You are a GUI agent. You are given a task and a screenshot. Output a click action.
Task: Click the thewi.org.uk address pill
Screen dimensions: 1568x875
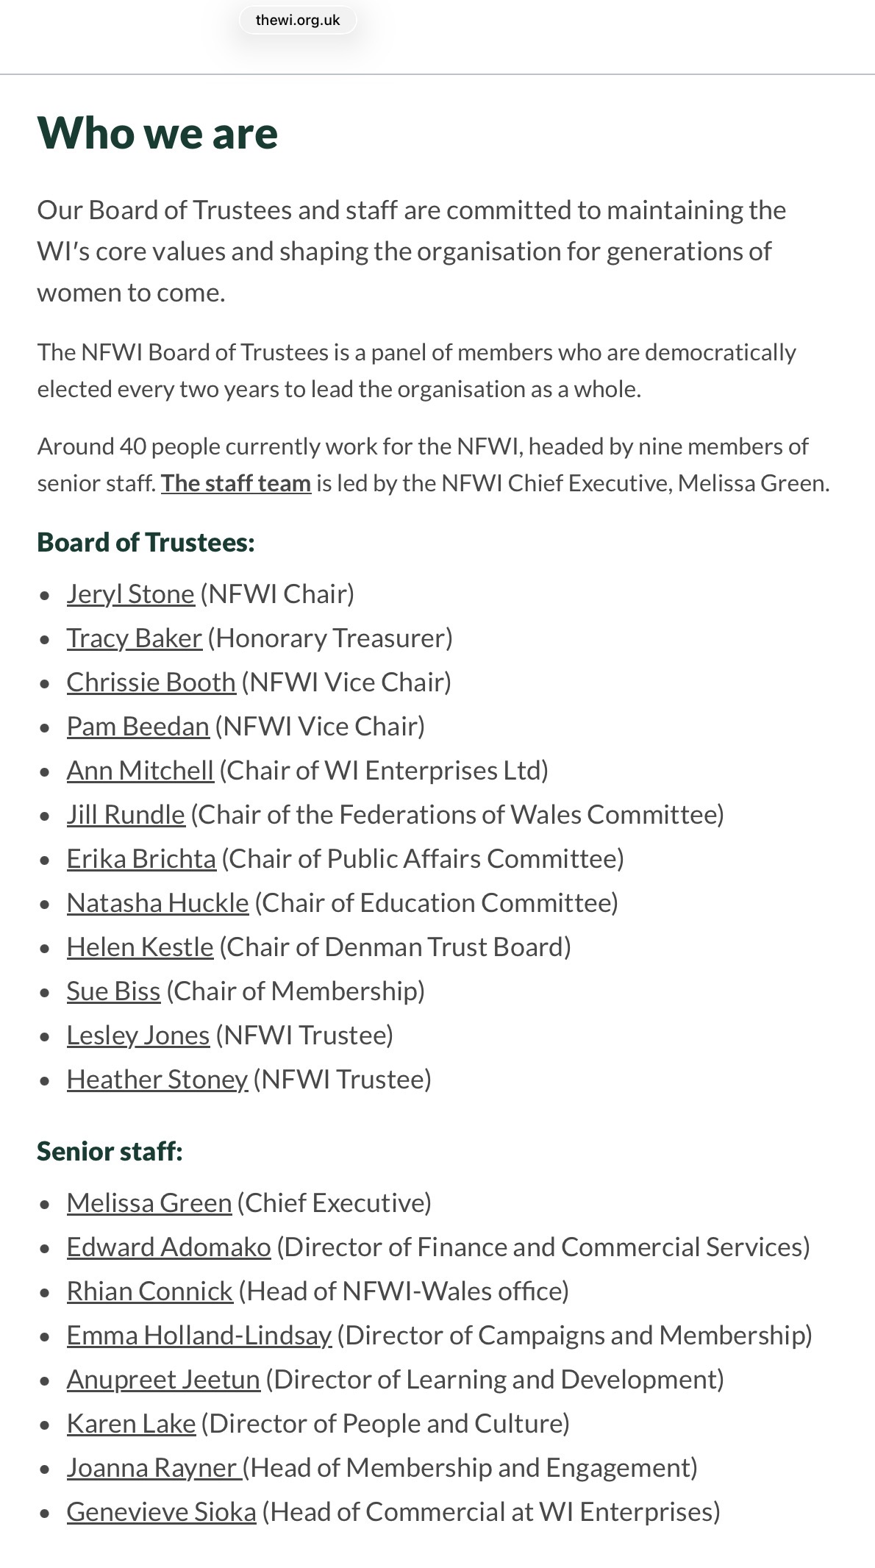click(x=297, y=21)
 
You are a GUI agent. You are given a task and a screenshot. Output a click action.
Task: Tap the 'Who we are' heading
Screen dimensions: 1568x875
click(x=157, y=133)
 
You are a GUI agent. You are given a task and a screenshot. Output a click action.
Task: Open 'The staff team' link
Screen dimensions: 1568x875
click(x=236, y=483)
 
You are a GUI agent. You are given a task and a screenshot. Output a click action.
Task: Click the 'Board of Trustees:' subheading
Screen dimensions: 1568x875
click(x=146, y=542)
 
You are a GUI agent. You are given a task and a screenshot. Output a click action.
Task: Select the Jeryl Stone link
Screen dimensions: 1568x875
click(x=130, y=594)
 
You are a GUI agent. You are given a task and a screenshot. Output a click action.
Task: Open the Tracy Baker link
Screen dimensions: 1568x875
click(x=134, y=638)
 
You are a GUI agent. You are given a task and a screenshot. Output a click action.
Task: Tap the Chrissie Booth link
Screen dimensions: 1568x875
click(x=151, y=682)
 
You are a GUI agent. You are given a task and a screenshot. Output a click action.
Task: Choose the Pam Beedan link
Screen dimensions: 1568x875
click(x=137, y=726)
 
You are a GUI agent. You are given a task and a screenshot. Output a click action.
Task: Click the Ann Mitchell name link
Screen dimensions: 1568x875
click(x=140, y=770)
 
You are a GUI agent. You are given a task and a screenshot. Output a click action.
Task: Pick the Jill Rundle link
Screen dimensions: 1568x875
click(x=126, y=814)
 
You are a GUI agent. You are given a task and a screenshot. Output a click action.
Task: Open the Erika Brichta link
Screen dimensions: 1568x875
click(x=141, y=858)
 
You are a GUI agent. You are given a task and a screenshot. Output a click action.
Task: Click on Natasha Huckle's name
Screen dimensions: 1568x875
click(x=157, y=902)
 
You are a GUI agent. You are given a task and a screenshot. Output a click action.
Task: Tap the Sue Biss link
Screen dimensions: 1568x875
click(x=113, y=991)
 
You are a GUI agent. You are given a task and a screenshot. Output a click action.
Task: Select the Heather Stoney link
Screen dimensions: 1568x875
click(x=157, y=1079)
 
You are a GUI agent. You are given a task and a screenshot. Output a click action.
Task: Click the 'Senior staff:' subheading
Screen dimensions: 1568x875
click(x=110, y=1151)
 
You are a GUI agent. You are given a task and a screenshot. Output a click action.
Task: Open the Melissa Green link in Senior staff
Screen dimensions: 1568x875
click(x=149, y=1202)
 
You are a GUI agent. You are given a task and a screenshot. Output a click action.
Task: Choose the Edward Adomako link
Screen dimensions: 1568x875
click(x=168, y=1247)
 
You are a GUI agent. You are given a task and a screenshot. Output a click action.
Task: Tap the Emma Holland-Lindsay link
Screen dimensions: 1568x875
click(x=199, y=1335)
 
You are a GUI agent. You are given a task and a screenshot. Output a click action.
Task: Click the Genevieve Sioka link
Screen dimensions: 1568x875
click(x=161, y=1511)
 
